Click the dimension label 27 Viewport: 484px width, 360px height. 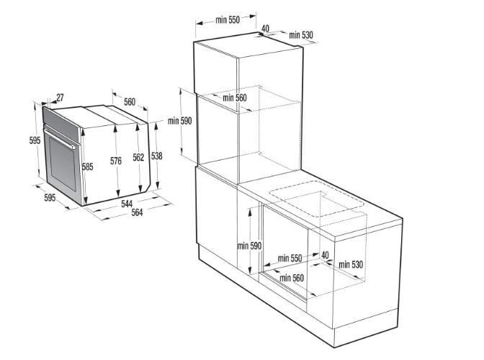60,97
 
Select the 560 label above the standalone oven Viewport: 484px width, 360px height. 130,102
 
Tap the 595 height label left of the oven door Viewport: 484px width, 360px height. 35,140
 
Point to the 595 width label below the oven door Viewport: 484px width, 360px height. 50,197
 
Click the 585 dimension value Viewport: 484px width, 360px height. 88,166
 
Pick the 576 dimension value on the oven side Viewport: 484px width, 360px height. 116,161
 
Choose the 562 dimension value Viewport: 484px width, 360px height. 138,158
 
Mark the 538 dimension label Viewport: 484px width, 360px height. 157,156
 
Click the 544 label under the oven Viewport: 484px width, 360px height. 127,204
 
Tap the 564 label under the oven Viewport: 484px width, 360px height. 137,212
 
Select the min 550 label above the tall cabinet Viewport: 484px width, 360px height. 228,19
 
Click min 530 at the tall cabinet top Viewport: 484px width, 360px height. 301,35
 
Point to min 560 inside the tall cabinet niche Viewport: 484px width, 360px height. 235,98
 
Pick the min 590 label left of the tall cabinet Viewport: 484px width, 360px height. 179,121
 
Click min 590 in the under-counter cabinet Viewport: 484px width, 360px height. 249,246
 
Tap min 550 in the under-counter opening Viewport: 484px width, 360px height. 290,258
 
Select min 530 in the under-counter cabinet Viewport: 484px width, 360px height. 351,264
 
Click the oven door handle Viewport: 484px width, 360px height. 60,139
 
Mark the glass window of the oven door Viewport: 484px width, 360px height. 63,163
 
